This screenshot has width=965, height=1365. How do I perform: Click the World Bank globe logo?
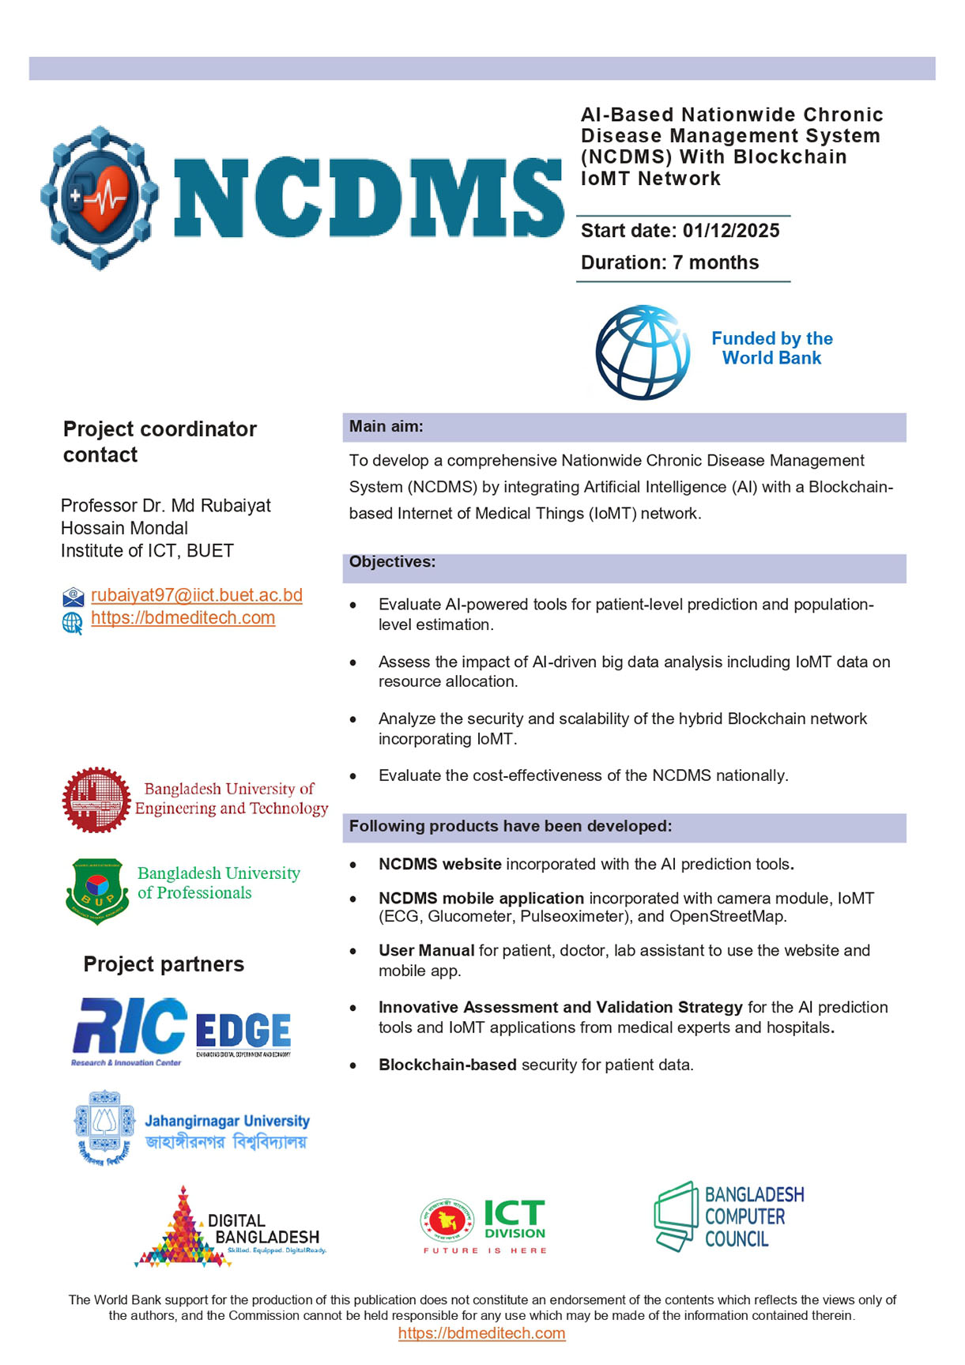pyautogui.click(x=641, y=353)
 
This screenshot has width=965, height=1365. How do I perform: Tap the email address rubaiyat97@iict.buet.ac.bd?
pyautogui.click(x=196, y=595)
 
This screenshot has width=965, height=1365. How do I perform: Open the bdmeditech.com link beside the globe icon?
pyautogui.click(x=183, y=618)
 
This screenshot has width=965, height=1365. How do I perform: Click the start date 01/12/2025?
pyautogui.click(x=730, y=231)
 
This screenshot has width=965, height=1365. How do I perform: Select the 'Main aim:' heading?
pyautogui.click(x=386, y=427)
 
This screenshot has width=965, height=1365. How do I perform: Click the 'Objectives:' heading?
pyautogui.click(x=392, y=562)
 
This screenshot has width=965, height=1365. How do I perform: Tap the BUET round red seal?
pyautogui.click(x=96, y=800)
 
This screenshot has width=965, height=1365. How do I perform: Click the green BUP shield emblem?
pyautogui.click(x=96, y=890)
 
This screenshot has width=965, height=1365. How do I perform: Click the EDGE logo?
pyautogui.click(x=243, y=1033)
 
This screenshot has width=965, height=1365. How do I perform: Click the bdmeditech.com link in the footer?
pyautogui.click(x=481, y=1333)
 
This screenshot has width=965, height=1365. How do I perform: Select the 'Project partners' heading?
pyautogui.click(x=164, y=964)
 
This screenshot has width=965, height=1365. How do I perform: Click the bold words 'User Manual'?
pyautogui.click(x=426, y=951)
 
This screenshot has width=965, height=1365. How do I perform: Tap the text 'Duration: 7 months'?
pyautogui.click(x=669, y=263)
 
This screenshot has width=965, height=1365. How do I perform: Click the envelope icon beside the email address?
pyautogui.click(x=73, y=597)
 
